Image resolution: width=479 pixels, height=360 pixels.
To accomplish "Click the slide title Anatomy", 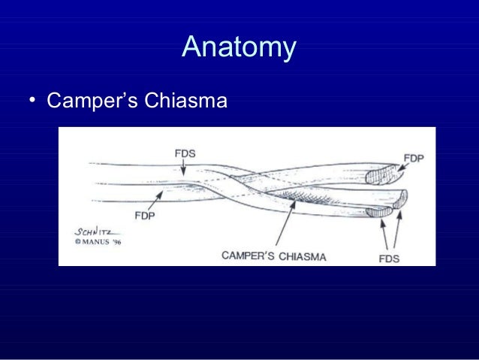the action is click(239, 48).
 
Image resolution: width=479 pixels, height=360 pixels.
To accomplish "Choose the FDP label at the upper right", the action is click(414, 159).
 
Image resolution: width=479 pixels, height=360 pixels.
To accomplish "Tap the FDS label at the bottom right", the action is click(388, 258).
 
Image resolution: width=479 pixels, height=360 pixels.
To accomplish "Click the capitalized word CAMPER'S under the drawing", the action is click(249, 256).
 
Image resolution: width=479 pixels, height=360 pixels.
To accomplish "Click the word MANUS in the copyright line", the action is click(94, 242).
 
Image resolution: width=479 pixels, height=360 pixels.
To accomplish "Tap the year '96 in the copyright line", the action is click(116, 242).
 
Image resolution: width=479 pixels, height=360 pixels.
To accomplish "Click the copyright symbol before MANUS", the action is click(77, 242).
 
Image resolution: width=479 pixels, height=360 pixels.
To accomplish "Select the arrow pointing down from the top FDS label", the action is click(184, 168).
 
